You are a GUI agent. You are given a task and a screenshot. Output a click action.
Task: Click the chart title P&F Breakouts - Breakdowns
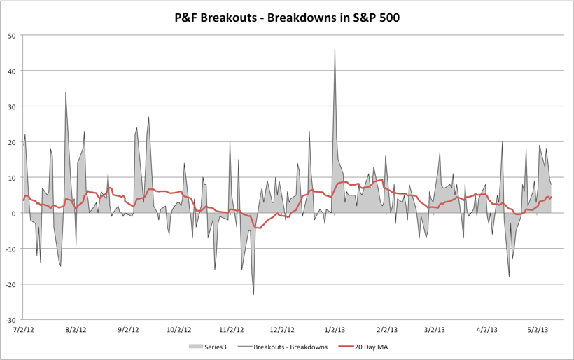pyautogui.click(x=287, y=16)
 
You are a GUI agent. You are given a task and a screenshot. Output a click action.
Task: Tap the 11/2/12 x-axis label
pyautogui.click(x=230, y=329)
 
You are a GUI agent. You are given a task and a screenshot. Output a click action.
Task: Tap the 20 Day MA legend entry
pyautogui.click(x=369, y=346)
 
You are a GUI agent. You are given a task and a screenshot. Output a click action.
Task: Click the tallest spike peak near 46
pyautogui.click(x=335, y=50)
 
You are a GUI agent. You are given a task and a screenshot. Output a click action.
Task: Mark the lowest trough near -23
pyautogui.click(x=253, y=294)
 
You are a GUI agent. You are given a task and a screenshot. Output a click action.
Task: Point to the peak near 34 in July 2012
pyautogui.click(x=66, y=92)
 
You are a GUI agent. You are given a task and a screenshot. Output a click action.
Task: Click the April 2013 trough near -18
pyautogui.click(x=509, y=277)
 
